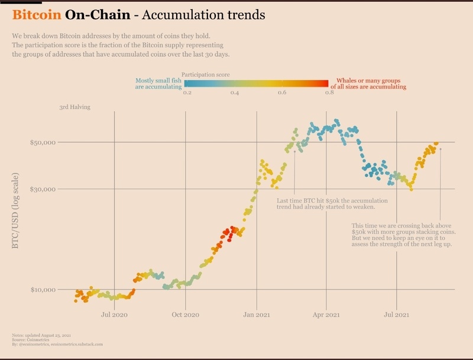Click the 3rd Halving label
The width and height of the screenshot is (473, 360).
click(74, 107)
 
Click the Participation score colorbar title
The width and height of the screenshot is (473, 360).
click(206, 74)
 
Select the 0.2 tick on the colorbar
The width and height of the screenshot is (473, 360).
click(187, 93)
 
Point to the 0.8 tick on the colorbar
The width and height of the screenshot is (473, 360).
click(328, 93)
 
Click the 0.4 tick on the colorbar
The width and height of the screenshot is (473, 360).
click(234, 93)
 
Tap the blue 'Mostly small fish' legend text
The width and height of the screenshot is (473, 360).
click(158, 83)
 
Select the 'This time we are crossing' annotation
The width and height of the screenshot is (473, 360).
click(402, 235)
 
